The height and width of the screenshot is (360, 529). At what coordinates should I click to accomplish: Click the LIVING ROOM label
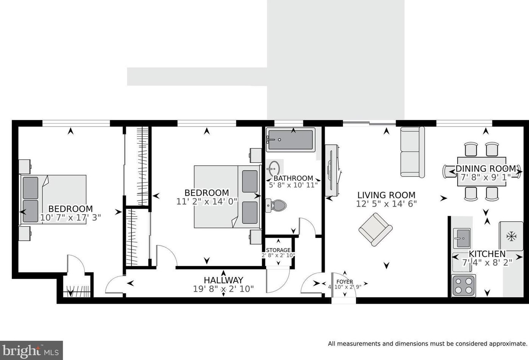pyautogui.click(x=386, y=195)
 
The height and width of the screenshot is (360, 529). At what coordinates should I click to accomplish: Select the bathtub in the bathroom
pyautogui.click(x=290, y=140)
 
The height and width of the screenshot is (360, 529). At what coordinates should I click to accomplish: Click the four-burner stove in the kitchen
pyautogui.click(x=463, y=286)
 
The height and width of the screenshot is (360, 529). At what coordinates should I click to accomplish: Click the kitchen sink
pyautogui.click(x=462, y=238)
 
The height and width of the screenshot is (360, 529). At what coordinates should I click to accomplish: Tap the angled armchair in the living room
pyautogui.click(x=375, y=229)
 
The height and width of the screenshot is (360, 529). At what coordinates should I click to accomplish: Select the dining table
pyautogui.click(x=481, y=172)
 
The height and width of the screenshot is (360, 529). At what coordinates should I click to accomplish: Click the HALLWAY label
pyautogui.click(x=224, y=280)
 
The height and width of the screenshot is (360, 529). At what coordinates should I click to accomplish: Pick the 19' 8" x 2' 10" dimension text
pyautogui.click(x=224, y=289)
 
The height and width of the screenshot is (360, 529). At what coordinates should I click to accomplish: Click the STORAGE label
pyautogui.click(x=278, y=250)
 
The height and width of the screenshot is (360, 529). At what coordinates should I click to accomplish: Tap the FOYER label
pyautogui.click(x=345, y=281)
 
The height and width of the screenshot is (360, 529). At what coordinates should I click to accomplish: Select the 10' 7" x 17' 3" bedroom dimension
pyautogui.click(x=70, y=217)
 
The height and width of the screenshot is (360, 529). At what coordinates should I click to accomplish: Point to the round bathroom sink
pyautogui.click(x=274, y=168)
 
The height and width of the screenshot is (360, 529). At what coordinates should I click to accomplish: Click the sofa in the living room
pyautogui.click(x=412, y=152)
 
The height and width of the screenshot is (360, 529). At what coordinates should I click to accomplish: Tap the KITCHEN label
pyautogui.click(x=487, y=254)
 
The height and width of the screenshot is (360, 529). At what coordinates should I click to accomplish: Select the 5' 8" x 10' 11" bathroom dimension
pyautogui.click(x=293, y=185)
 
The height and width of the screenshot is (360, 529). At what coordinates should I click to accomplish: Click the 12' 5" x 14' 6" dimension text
pyautogui.click(x=386, y=204)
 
